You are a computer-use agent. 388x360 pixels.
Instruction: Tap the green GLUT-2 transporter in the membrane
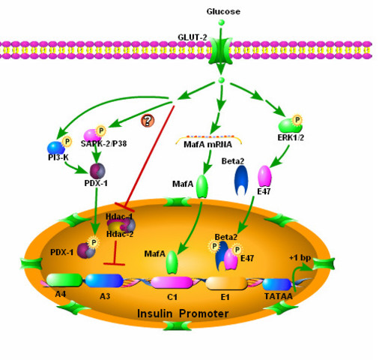[x=220, y=52]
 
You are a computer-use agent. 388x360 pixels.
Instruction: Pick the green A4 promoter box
[x=63, y=280]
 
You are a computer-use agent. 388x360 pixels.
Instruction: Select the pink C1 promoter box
[x=172, y=282]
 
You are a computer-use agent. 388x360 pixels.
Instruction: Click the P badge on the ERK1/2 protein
[x=298, y=119]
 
